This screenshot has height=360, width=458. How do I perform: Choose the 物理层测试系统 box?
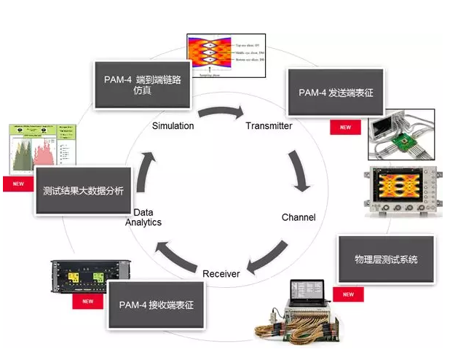(385, 259)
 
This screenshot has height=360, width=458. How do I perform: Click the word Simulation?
(173, 126)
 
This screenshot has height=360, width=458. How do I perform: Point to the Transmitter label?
(269, 126)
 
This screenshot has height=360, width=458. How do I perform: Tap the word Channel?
(299, 217)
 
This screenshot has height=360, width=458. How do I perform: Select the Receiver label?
(221, 273)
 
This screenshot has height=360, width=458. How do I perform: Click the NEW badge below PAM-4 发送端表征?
(345, 128)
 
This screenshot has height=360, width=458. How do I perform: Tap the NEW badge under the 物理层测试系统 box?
(348, 294)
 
